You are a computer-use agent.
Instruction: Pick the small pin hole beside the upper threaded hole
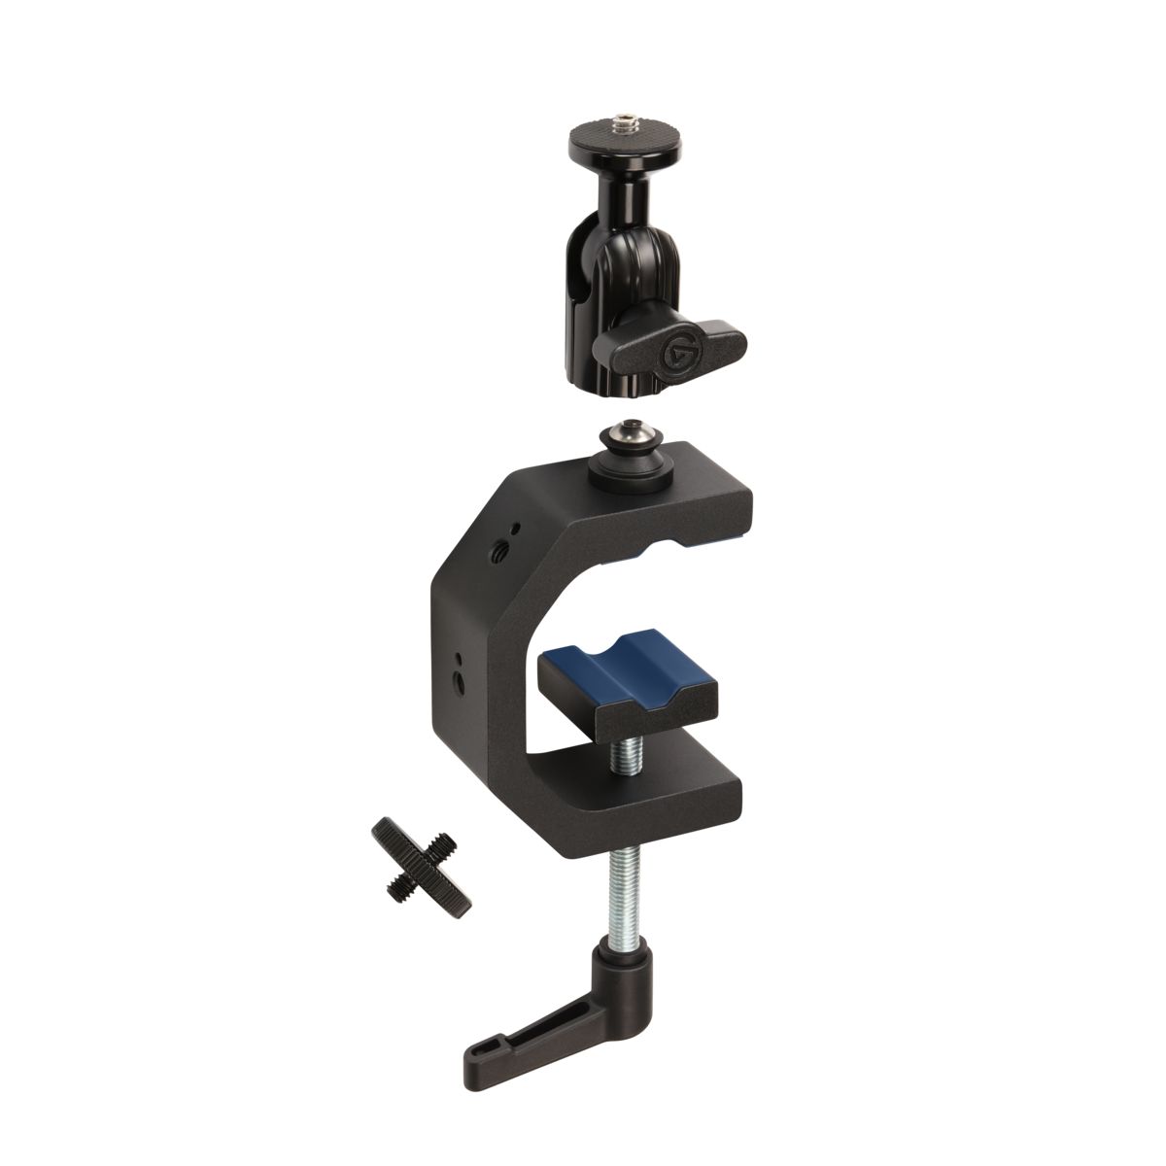[516, 529]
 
